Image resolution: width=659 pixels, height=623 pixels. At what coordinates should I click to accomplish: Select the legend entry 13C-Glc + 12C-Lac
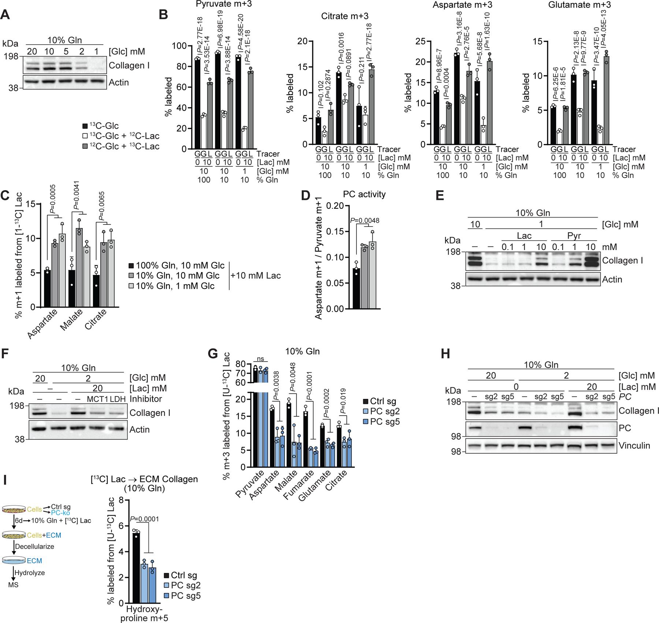pos(121,136)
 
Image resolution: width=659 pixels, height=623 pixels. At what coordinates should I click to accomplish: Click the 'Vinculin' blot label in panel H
pos(634,446)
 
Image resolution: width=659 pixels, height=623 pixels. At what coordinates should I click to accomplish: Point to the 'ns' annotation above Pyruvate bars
pos(260,359)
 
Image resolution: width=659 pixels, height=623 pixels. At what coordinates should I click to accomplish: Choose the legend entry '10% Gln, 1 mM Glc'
pos(178,286)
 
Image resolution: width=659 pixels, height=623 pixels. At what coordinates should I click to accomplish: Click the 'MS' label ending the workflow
pos(14,585)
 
